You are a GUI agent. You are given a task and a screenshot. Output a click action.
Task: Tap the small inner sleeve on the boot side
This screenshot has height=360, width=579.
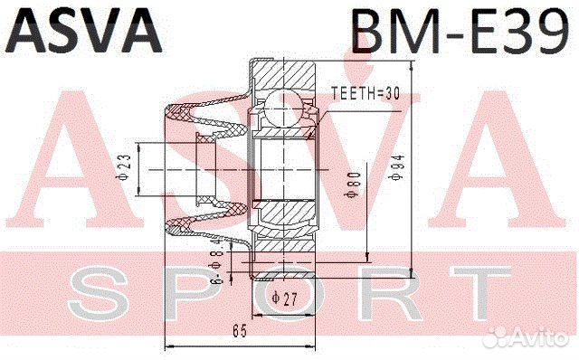pos(206,168)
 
